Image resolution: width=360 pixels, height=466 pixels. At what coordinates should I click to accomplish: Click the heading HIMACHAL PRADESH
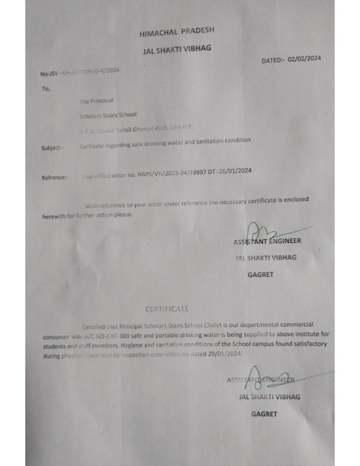(176, 31)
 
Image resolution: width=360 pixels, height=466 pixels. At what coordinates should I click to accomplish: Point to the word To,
(46, 89)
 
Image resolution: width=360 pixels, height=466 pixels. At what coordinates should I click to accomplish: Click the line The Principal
(96, 102)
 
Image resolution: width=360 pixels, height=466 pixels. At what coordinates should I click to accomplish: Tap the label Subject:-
(52, 148)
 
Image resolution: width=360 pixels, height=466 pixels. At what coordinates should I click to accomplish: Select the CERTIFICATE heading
(168, 308)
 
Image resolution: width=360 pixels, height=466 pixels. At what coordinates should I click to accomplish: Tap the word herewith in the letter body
(54, 215)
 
